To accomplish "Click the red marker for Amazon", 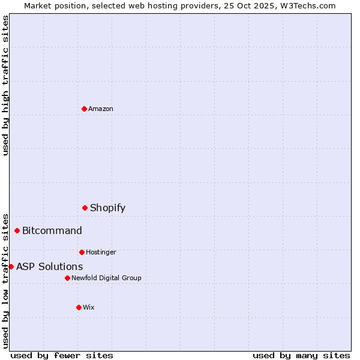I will pyautogui.click(x=84, y=109).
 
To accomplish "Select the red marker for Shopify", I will pyautogui.click(x=85, y=208).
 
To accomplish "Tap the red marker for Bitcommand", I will pyautogui.click(x=17, y=230).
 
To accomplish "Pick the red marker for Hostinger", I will pyautogui.click(x=82, y=252).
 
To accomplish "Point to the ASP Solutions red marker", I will pyautogui.click(x=11, y=266).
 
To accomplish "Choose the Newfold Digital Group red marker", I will pyautogui.click(x=67, y=278).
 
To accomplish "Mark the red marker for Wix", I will pyautogui.click(x=79, y=307).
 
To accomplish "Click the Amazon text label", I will pyautogui.click(x=101, y=109).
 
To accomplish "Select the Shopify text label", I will pyautogui.click(x=108, y=208).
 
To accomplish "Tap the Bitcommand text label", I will pyautogui.click(x=52, y=231).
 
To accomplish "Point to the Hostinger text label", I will pyautogui.click(x=101, y=252).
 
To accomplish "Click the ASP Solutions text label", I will pyautogui.click(x=50, y=267).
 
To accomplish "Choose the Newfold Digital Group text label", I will pyautogui.click(x=106, y=278).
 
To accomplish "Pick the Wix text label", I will pyautogui.click(x=89, y=307).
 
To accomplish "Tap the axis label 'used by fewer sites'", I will pyautogui.click(x=62, y=355).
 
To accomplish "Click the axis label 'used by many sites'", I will pyautogui.click(x=301, y=355).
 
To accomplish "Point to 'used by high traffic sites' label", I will pyautogui.click(x=5, y=85).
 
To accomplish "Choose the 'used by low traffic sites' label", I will pyautogui.click(x=5, y=280).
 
